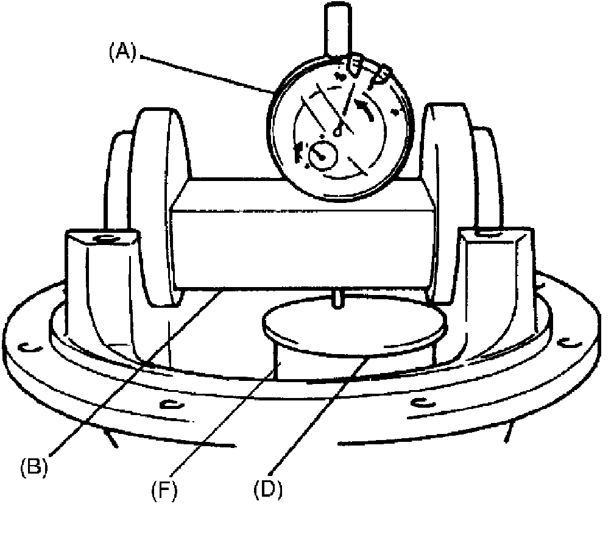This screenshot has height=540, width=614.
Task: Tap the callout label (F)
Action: tap(165, 489)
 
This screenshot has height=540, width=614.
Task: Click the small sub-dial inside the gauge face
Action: tap(322, 155)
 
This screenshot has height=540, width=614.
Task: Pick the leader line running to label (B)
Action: tap(134, 372)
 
